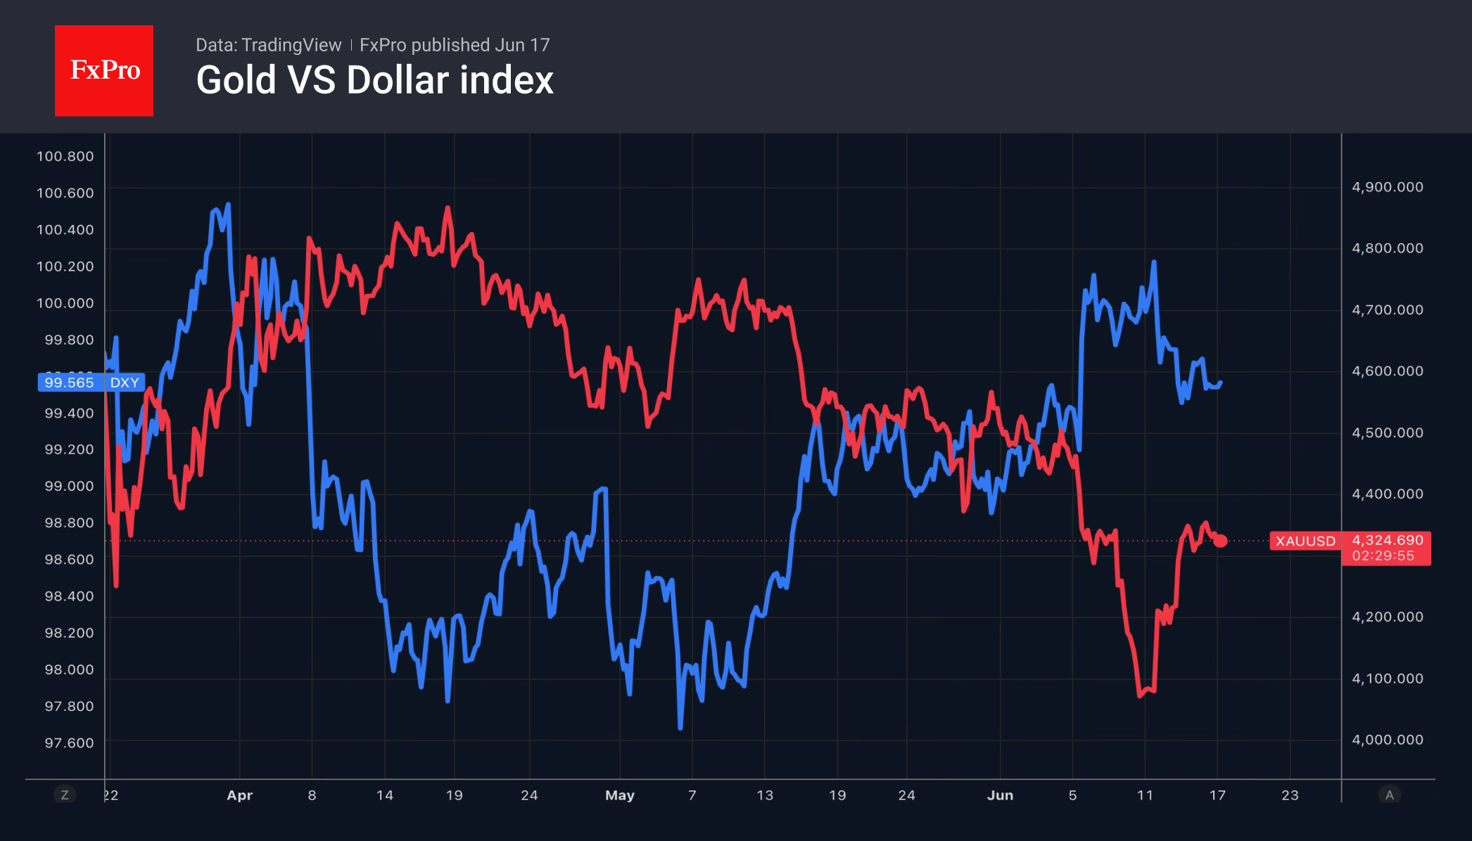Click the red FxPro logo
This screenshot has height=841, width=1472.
tap(104, 70)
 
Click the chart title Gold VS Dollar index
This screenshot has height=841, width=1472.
tap(375, 80)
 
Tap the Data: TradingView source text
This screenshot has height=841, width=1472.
tap(268, 45)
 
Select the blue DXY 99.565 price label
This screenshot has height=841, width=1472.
tap(91, 383)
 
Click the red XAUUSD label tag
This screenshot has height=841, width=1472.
tap(1305, 541)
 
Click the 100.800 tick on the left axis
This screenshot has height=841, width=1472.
tap(65, 156)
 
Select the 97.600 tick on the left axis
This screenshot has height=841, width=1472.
tap(69, 743)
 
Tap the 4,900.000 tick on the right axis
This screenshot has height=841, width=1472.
tap(1388, 187)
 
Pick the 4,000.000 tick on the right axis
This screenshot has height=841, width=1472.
tap(1388, 740)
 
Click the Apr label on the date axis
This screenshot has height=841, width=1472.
tap(239, 795)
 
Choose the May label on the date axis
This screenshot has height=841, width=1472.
tap(620, 795)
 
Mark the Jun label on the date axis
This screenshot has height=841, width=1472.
tap(1000, 795)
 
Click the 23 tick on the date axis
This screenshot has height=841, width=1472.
tap(1290, 795)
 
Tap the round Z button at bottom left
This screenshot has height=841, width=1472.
tap(65, 795)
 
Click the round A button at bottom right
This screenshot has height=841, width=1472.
tap(1389, 795)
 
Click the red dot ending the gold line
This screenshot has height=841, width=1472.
tap(1220, 541)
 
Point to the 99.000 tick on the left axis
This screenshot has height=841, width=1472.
tap(69, 486)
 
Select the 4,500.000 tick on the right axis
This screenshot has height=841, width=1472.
tap(1388, 432)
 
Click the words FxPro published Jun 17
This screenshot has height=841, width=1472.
tap(455, 45)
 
